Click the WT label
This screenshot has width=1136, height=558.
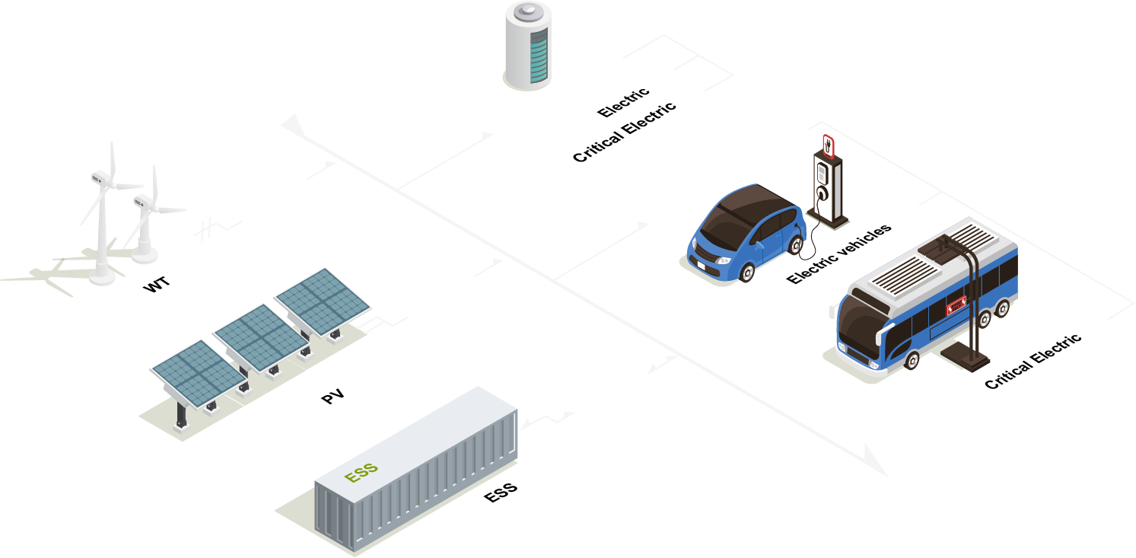coord(157,285)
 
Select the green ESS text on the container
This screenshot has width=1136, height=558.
coord(361,473)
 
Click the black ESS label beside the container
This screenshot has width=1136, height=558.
coord(501,492)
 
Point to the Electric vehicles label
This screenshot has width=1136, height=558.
coord(838,254)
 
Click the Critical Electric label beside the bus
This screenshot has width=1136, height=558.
coord(1033,362)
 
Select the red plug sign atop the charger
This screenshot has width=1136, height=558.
coord(828,145)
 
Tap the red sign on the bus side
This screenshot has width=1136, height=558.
coord(955,306)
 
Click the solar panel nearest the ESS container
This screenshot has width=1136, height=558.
coord(198,375)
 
